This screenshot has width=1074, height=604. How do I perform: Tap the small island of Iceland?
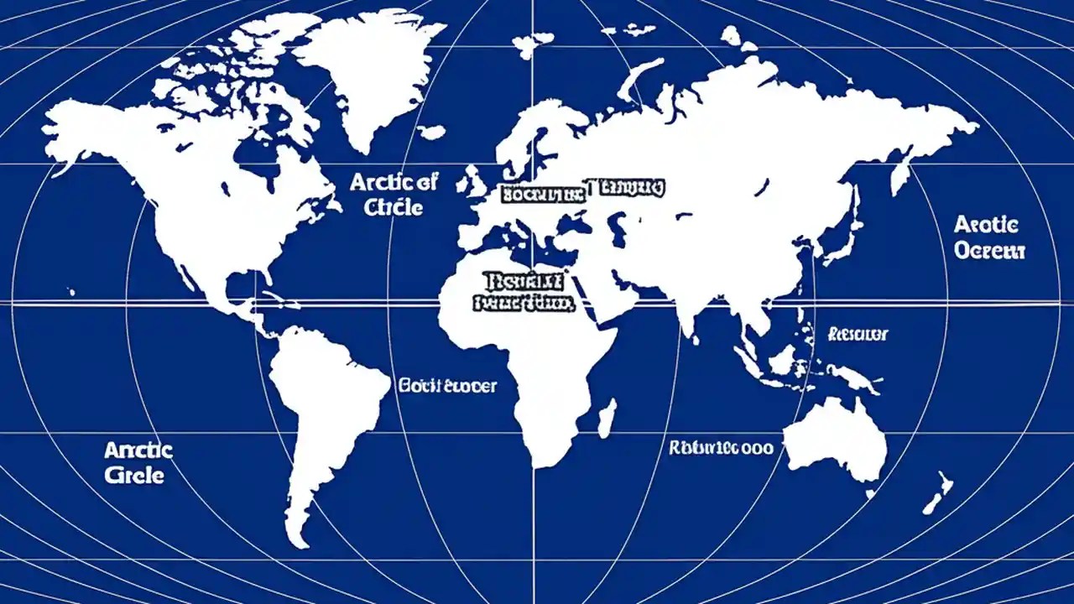431,132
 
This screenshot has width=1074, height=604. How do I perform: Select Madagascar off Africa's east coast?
607,417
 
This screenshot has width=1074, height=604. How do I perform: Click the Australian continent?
835,440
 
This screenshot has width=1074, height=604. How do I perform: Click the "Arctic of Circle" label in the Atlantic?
394,194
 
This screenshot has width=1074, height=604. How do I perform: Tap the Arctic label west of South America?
138,462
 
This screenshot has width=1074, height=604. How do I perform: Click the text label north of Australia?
858,334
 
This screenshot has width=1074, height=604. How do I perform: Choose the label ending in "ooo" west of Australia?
721,448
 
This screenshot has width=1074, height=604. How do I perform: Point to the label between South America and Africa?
447,386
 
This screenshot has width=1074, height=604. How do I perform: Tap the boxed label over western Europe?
542,195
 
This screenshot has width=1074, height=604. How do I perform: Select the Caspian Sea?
618,227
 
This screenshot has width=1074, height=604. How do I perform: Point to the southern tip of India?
694,334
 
